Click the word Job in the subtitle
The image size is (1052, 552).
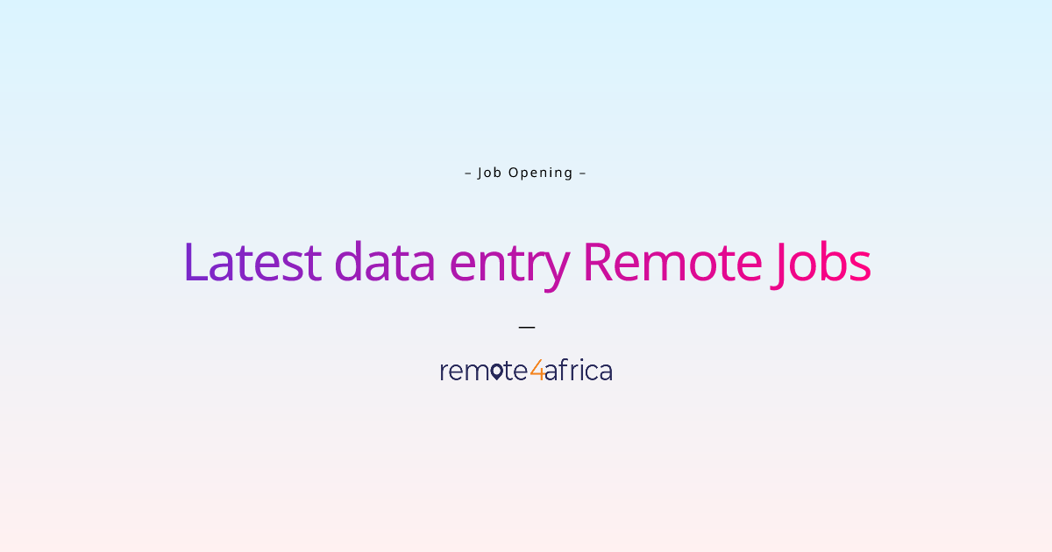click(489, 173)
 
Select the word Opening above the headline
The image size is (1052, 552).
click(540, 173)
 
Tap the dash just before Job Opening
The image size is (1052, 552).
click(468, 173)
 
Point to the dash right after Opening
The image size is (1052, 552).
click(582, 173)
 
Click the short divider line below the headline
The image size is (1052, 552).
click(526, 327)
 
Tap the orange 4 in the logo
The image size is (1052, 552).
click(537, 372)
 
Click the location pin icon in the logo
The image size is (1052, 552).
click(496, 372)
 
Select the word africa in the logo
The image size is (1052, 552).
click(579, 372)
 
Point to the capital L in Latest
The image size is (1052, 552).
click(195, 262)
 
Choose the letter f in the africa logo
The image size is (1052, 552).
click(564, 371)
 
